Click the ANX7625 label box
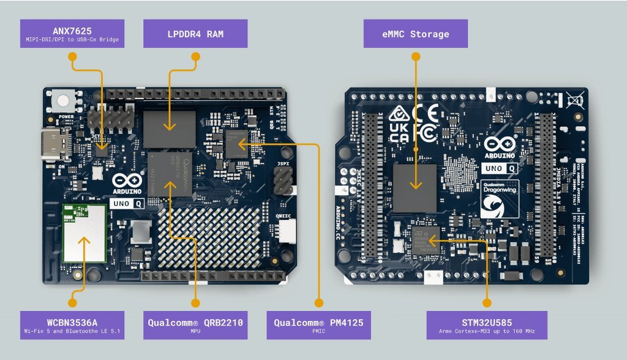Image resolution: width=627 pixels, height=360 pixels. coord(72,34)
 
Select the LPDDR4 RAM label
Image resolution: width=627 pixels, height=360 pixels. coord(195,34)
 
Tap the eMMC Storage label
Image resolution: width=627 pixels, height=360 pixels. coord(416,34)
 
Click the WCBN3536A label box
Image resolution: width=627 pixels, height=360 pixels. coord(72,325)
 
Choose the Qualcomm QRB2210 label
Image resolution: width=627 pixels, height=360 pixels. coord(195,325)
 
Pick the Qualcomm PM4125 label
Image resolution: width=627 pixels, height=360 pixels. coord(318,325)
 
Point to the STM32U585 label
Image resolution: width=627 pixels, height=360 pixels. coord(487,325)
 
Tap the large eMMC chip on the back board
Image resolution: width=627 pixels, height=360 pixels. coord(415,187)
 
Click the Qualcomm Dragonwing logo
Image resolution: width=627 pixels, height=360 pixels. coord(501,199)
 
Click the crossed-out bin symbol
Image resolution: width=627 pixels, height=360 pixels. coord(574,100)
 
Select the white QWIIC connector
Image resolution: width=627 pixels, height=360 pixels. coord(285,231)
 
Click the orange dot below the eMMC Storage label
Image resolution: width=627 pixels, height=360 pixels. coord(416,56)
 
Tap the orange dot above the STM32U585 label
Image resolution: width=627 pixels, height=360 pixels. coord(487,302)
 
